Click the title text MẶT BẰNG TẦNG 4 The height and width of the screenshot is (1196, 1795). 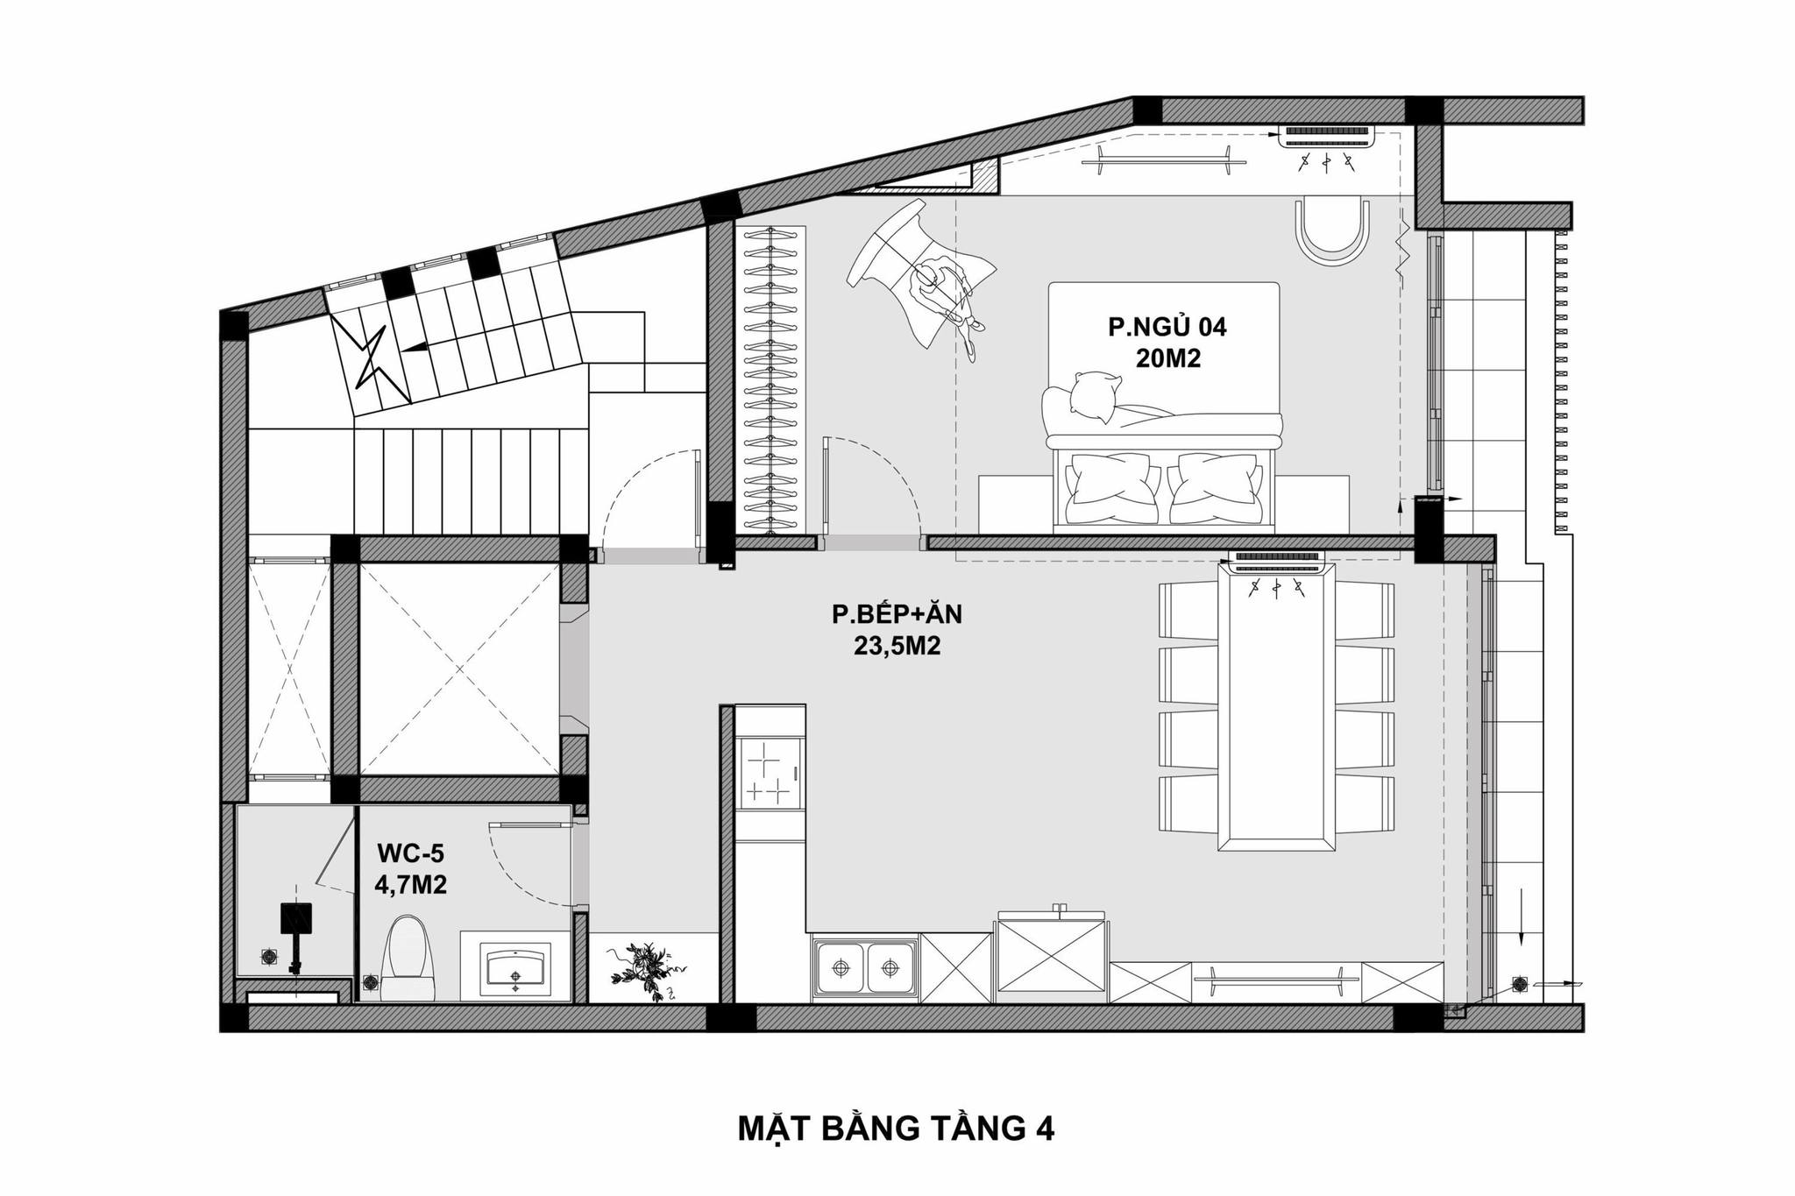897,1129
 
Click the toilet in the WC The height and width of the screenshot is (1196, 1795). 409,957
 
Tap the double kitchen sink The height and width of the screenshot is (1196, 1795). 865,969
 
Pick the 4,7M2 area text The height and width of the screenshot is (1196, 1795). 410,885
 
